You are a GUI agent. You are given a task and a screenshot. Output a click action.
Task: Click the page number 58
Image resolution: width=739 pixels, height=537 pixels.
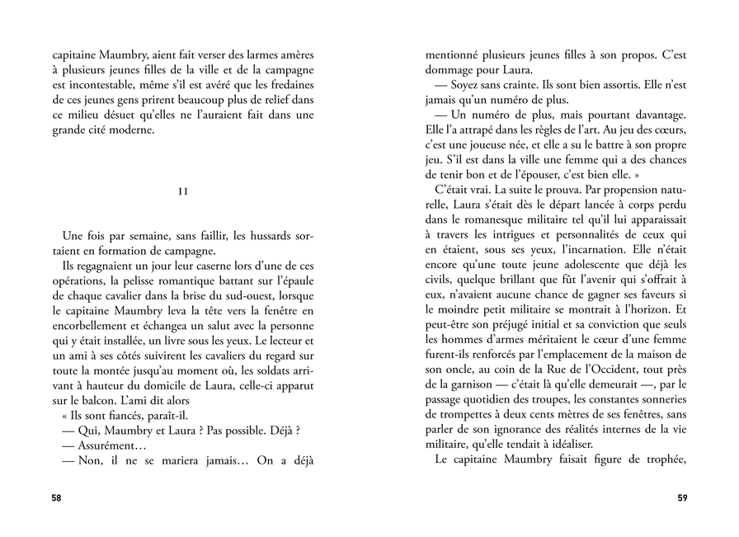pos(56,498)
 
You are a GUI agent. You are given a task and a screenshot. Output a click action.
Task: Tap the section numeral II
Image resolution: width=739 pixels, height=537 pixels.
pos(183,191)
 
